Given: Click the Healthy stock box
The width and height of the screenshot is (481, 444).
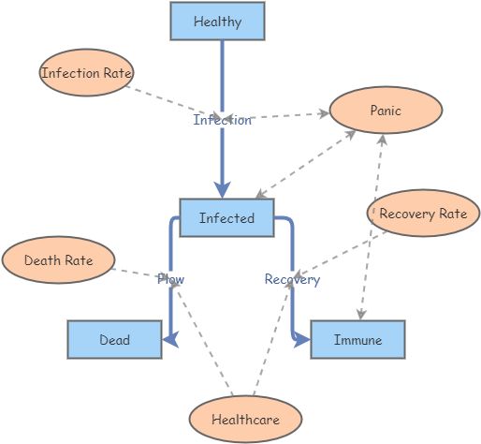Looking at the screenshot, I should [x=217, y=22].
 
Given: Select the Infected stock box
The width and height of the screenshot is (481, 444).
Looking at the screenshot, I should [x=226, y=218].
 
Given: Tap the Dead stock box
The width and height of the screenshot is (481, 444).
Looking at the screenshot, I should [x=114, y=340].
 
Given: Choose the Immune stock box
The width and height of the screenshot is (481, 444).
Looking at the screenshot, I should [x=357, y=340].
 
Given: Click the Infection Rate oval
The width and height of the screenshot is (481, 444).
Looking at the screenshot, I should [x=87, y=74].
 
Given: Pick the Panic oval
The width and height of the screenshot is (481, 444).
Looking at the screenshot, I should [x=385, y=111].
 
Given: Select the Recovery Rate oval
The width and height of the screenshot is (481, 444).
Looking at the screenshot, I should [x=423, y=214].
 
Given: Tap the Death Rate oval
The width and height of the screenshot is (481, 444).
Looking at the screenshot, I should [x=58, y=260].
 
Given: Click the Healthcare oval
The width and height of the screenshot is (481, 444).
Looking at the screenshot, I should [x=245, y=420].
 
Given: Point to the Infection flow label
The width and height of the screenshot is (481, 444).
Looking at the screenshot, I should [x=222, y=120].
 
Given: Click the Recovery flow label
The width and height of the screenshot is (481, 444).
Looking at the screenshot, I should [x=292, y=279].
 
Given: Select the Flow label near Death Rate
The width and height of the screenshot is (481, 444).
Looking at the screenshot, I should [x=170, y=279].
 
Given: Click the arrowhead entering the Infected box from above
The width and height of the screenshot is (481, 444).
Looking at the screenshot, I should [x=223, y=188].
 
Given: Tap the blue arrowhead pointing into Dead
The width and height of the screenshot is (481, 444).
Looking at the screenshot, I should [x=171, y=341].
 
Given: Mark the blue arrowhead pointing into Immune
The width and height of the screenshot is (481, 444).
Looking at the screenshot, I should [x=302, y=341].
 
